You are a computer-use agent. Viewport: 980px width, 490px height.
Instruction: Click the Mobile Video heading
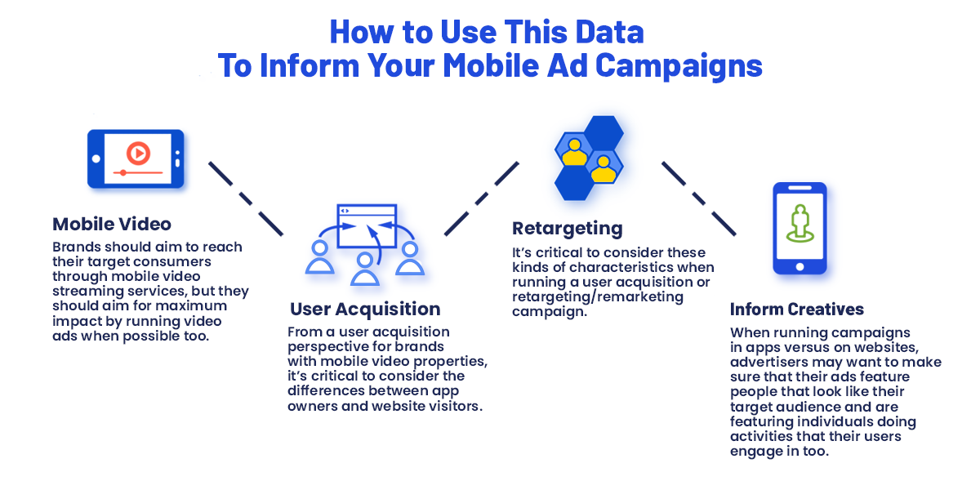112,224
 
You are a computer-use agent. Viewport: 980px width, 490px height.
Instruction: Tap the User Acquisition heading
365,309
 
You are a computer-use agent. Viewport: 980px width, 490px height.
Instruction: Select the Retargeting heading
567,229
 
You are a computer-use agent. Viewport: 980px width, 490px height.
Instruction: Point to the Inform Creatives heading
797,310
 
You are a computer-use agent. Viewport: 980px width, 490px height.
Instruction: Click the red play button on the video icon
138,154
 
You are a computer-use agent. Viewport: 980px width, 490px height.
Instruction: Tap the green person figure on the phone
800,223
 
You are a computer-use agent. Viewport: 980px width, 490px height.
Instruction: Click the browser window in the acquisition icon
367,225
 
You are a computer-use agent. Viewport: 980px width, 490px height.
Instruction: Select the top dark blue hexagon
604,132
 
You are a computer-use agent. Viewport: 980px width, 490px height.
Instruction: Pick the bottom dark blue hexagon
574,184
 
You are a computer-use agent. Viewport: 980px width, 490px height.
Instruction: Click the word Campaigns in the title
679,65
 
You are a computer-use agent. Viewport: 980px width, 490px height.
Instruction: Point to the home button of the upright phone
800,267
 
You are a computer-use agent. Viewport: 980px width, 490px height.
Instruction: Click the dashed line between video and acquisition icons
246,199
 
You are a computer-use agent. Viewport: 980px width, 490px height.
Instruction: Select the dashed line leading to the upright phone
698,198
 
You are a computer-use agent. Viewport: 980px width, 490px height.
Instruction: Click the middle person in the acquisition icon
365,269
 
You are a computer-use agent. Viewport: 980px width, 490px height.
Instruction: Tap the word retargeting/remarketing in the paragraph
598,297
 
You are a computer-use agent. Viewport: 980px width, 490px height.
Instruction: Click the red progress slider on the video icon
138,173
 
